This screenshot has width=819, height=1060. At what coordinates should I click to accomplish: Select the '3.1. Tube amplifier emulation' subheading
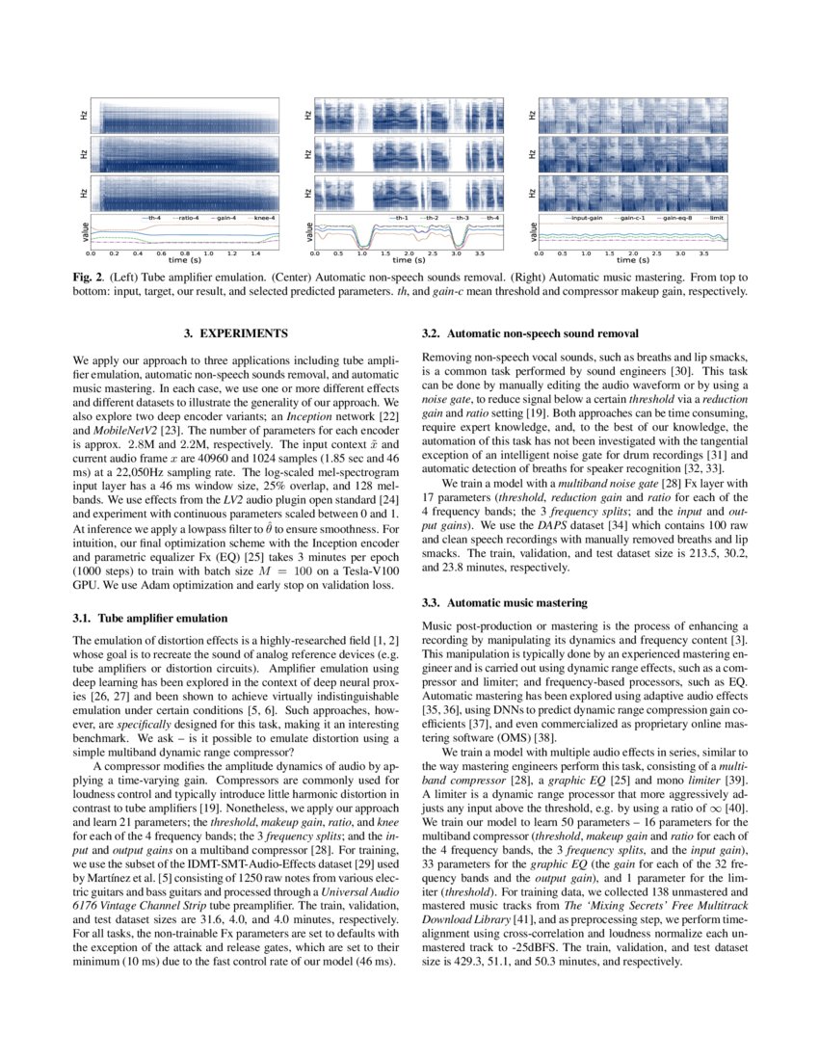(x=150, y=618)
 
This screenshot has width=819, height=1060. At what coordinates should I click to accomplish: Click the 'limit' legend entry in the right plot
(x=716, y=218)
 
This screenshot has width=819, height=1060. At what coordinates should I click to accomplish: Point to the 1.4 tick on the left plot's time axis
(x=254, y=252)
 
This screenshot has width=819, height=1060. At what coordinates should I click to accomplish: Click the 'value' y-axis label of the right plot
(x=532, y=233)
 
